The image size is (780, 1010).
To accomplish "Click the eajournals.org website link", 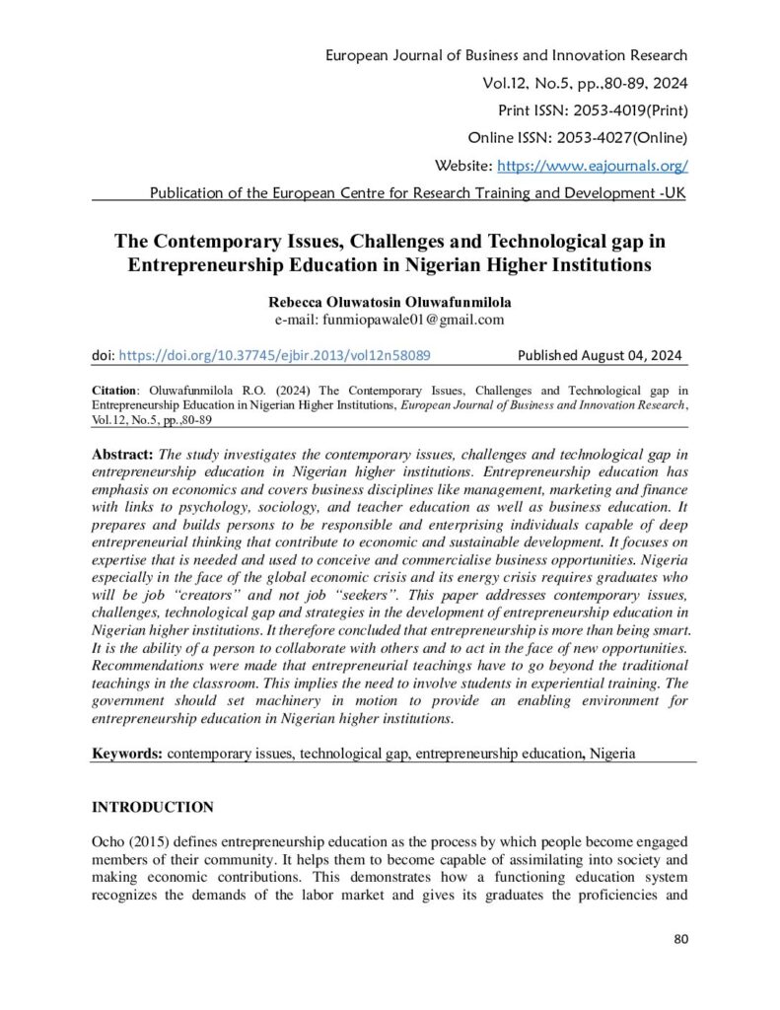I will pyautogui.click(x=593, y=166).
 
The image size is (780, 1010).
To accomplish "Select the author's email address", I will pyautogui.click(x=390, y=320).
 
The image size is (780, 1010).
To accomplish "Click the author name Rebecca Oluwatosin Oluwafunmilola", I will pyautogui.click(x=390, y=302).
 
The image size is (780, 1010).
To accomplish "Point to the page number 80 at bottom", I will pyautogui.click(x=680, y=938).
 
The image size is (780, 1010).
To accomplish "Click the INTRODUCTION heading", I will pyautogui.click(x=152, y=807).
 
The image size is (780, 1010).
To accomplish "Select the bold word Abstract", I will pyautogui.click(x=123, y=454).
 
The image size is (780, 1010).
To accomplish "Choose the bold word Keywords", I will pyautogui.click(x=127, y=753).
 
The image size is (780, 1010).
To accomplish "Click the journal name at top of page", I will pyautogui.click(x=507, y=55).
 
